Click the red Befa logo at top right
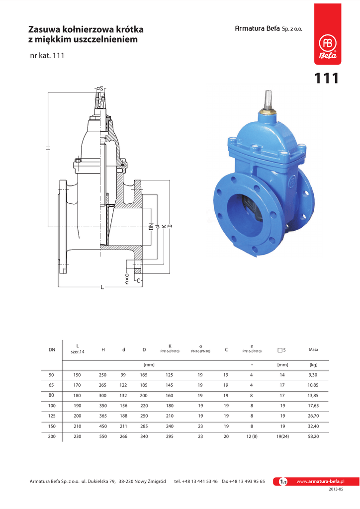[x=328, y=34]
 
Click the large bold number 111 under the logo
[x=326, y=79]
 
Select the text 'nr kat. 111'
[x=47, y=56]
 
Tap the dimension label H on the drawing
[x=48, y=148]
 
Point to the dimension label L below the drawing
[x=102, y=287]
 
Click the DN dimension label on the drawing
[x=151, y=226]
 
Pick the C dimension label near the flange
[x=139, y=280]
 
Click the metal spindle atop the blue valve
[x=269, y=100]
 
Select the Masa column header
[x=313, y=349]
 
